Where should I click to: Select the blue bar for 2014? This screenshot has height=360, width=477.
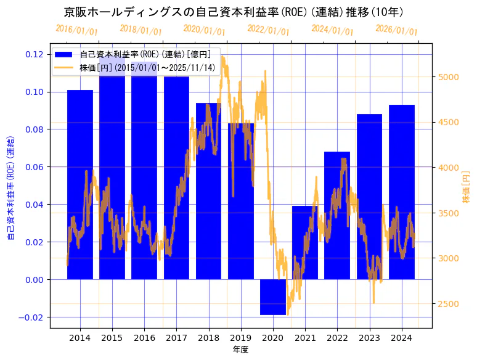(80, 185)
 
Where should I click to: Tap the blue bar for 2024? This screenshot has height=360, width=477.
(402, 192)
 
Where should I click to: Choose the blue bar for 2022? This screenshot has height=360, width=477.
(337, 215)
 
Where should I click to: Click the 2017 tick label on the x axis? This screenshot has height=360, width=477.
(176, 338)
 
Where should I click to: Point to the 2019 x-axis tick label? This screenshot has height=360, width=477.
(241, 338)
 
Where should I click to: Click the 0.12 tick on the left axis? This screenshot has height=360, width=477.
(35, 54)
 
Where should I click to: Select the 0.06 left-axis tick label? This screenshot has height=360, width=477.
(35, 167)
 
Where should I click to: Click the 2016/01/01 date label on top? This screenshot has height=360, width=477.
(76, 30)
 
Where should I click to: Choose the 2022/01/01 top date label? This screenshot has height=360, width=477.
(268, 30)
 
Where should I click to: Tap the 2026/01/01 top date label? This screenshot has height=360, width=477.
(396, 30)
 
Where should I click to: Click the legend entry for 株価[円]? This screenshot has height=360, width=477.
(148, 68)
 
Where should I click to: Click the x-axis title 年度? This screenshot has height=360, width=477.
(240, 350)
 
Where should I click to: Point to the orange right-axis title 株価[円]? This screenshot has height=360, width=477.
(467, 187)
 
